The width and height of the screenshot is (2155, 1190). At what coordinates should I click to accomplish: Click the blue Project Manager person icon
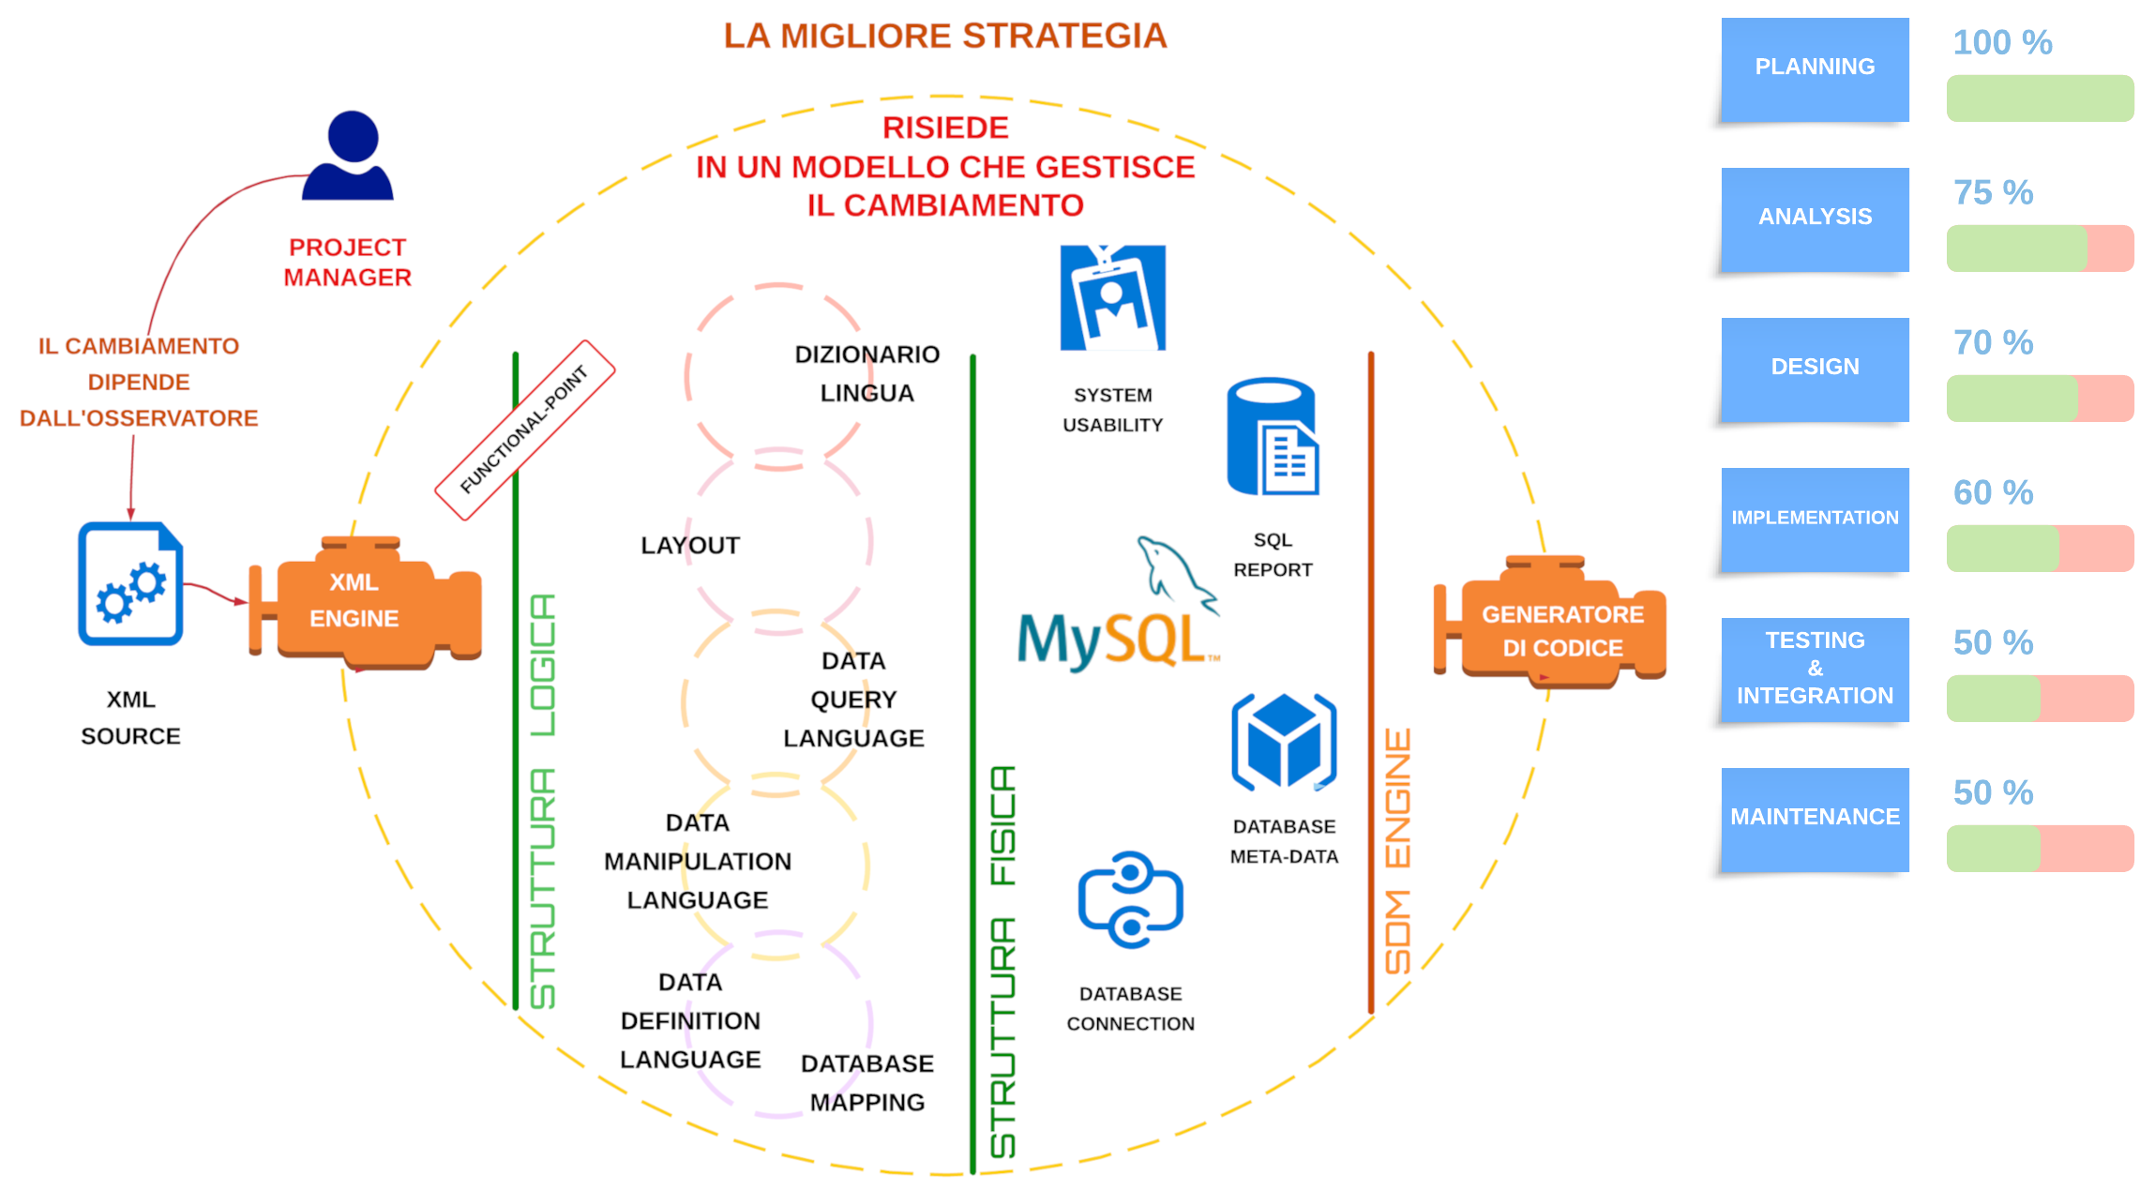(x=348, y=157)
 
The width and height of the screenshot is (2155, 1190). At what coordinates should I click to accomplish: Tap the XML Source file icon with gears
(x=130, y=584)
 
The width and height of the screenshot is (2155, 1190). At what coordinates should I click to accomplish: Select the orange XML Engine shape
(x=366, y=603)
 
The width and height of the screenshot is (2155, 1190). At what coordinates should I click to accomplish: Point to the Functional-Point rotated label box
(x=525, y=429)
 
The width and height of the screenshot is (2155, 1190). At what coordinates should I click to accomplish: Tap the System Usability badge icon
(x=1112, y=298)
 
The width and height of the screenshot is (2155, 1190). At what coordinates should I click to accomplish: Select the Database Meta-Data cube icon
(x=1283, y=743)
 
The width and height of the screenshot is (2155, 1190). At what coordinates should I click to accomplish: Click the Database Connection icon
(x=1130, y=900)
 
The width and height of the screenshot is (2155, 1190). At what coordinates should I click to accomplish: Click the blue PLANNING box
(x=1815, y=68)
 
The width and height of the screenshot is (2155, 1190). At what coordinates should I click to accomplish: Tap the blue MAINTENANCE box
(x=1815, y=819)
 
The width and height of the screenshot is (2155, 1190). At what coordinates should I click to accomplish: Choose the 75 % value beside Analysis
(x=1993, y=192)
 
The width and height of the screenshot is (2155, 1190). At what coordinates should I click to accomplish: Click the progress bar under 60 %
(x=2040, y=549)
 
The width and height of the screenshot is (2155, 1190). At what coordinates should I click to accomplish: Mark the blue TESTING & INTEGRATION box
(x=1815, y=669)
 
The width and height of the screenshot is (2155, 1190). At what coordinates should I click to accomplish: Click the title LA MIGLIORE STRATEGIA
(x=944, y=36)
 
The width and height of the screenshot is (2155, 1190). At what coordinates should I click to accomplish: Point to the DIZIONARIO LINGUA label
(x=867, y=373)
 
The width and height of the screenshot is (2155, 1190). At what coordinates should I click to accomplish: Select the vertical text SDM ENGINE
(x=1397, y=851)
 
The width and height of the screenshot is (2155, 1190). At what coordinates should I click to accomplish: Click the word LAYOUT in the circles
(x=690, y=545)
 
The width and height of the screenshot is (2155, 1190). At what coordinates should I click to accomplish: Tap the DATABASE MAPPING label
(x=867, y=1083)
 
